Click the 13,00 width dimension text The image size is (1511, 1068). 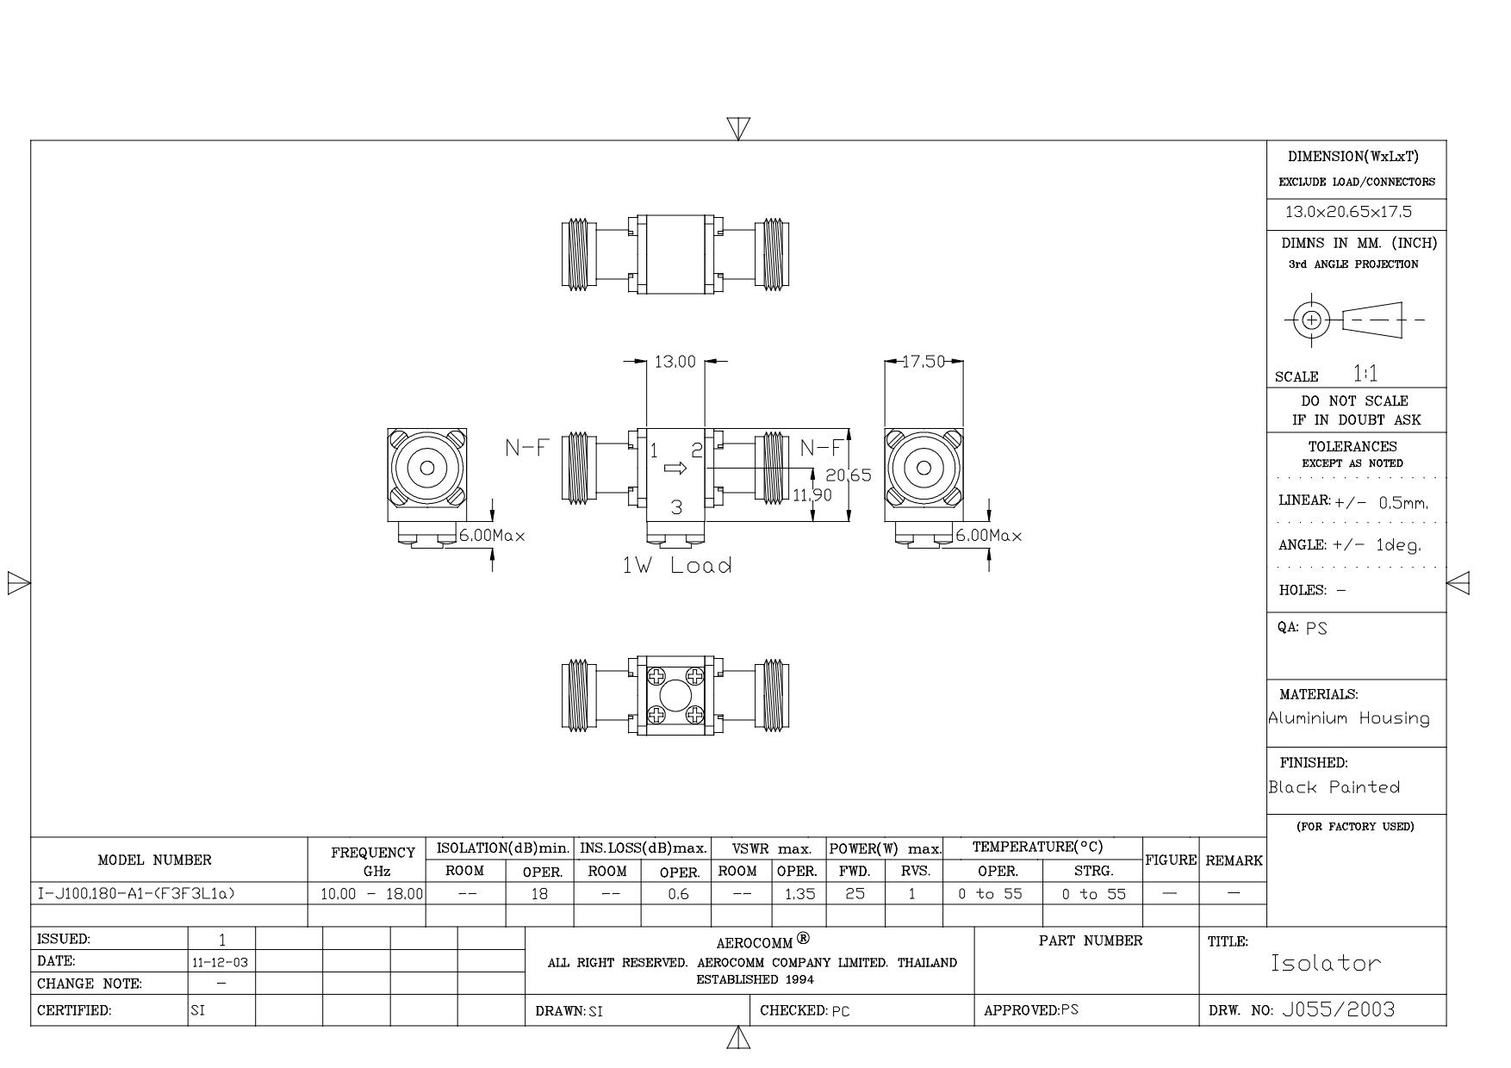tap(675, 362)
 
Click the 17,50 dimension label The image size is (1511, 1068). tap(923, 362)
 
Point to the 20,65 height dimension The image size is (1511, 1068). tap(849, 475)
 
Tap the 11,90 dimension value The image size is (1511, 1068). tap(812, 495)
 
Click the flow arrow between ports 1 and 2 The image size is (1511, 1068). tap(675, 469)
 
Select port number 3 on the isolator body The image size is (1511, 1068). tap(676, 508)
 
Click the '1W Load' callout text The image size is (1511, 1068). tap(677, 566)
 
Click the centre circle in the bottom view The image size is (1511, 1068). tap(675, 695)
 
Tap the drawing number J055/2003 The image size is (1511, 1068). tap(1338, 1009)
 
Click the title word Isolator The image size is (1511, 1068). tap(1326, 964)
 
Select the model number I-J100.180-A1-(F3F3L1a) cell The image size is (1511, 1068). tap(136, 893)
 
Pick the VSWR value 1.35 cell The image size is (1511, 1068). tap(799, 894)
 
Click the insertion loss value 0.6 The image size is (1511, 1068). tap(678, 894)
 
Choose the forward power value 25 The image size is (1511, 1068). tap(855, 894)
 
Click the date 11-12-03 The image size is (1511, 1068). tap(221, 962)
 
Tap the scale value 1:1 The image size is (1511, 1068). tap(1365, 374)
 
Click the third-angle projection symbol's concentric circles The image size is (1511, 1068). tap(1311, 320)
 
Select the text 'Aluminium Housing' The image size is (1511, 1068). tap(1349, 718)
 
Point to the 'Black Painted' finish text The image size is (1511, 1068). tap(1334, 787)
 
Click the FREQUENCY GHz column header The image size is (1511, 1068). tap(373, 860)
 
